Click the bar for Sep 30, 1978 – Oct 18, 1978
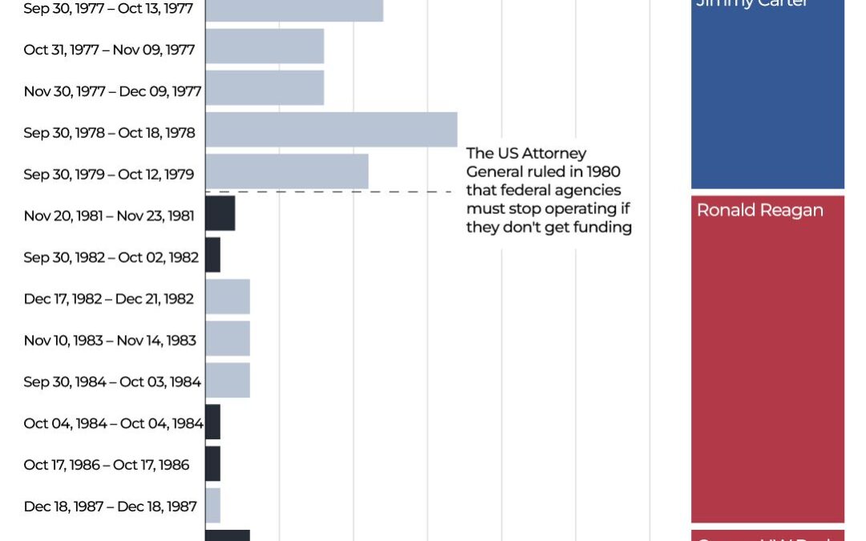[x=331, y=130]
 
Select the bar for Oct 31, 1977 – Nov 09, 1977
[x=265, y=46]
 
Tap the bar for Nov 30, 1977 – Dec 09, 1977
[x=265, y=88]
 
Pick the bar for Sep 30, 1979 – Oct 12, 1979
[x=287, y=172]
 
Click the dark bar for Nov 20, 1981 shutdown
[x=220, y=213]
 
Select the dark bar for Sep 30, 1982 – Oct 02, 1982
[x=212, y=255]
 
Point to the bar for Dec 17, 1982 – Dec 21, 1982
[x=228, y=297]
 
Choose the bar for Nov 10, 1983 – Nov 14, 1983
[x=228, y=338]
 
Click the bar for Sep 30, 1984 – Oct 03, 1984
[x=228, y=380]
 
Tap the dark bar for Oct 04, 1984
[x=212, y=422]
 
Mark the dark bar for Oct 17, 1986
[x=212, y=463]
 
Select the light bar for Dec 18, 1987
[x=212, y=505]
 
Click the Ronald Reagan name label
[x=759, y=211]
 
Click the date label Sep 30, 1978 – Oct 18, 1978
[x=109, y=133]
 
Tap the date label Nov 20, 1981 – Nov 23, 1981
[x=109, y=216]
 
